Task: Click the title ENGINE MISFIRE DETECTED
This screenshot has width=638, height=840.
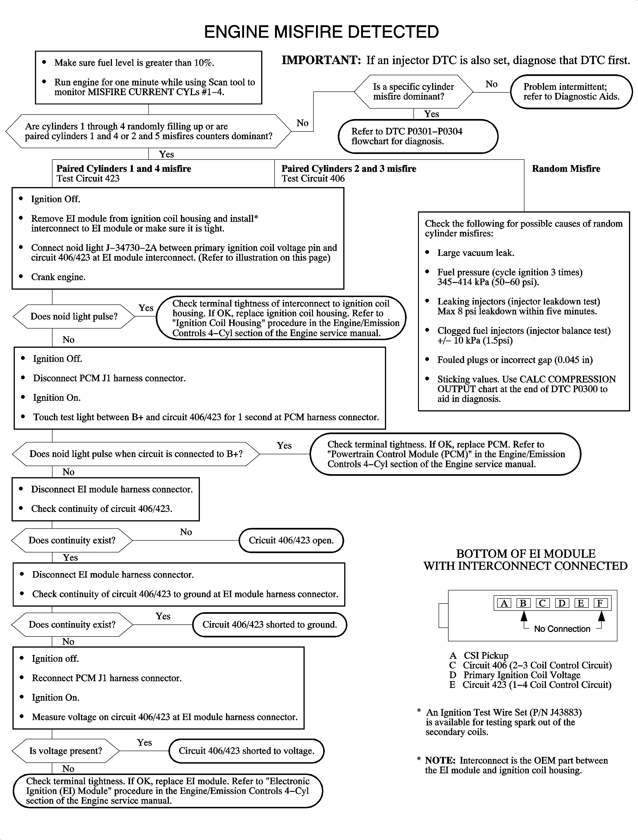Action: click(x=321, y=32)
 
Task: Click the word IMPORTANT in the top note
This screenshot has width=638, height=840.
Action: click(x=321, y=60)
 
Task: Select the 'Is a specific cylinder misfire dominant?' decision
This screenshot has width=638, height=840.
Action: click(x=413, y=92)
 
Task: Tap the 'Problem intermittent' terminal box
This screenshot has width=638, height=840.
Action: click(x=571, y=92)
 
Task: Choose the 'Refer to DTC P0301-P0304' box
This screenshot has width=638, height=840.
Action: click(x=418, y=136)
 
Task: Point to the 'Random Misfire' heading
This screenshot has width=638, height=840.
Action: click(x=566, y=169)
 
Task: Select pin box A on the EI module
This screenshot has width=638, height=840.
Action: click(x=504, y=603)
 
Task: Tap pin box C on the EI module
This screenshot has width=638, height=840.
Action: click(x=542, y=603)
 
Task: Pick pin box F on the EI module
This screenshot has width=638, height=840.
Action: click(x=600, y=603)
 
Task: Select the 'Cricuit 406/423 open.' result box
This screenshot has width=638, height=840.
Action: click(x=291, y=540)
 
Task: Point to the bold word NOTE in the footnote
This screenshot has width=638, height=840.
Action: click(x=440, y=761)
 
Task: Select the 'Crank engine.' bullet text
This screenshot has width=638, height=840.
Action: click(x=58, y=277)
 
